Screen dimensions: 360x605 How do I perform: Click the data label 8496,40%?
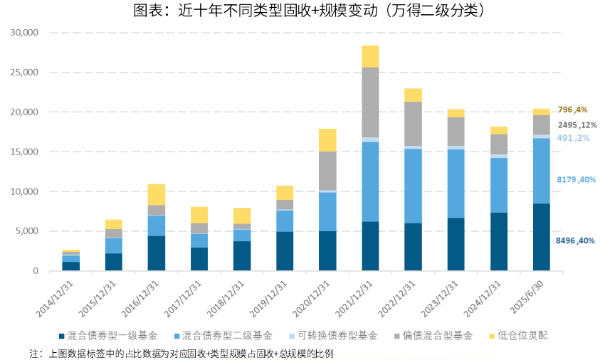coord(575,241)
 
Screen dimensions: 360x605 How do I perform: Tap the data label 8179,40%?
coord(575,180)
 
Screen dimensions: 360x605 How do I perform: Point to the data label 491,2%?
coord(573,138)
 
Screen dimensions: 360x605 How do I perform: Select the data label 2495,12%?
coord(577,125)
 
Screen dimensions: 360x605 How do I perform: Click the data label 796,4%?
coord(572,110)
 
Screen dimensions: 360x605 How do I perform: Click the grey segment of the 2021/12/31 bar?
coord(370,102)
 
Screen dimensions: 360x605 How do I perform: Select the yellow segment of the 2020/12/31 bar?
coord(327,140)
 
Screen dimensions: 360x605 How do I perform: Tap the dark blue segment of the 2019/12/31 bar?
coord(285,250)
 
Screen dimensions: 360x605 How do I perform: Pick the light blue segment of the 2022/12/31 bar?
coord(413,186)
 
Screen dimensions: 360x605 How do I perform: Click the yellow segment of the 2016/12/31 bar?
coord(157,194)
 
